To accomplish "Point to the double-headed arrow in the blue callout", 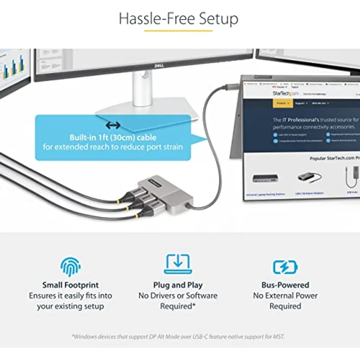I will (x=113, y=126).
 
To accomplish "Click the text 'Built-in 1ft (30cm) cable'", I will (x=112, y=137).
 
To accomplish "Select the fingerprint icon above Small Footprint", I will (x=70, y=267).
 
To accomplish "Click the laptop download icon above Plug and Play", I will (x=178, y=264).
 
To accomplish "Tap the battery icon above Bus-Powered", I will (x=285, y=267).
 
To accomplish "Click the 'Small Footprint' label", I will (x=70, y=285).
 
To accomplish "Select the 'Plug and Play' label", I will (x=178, y=285).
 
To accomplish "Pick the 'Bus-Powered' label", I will (x=285, y=285).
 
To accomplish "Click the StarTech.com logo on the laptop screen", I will (x=286, y=93).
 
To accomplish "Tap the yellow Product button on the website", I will (x=281, y=103).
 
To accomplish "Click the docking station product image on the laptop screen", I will (x=266, y=178).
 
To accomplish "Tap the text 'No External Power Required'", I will (x=285, y=301).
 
